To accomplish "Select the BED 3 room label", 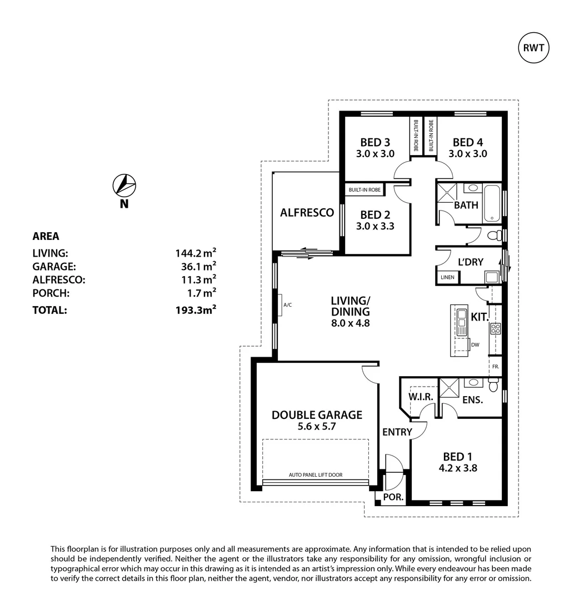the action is pos(375,142).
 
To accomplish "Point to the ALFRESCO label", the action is pos(307,212).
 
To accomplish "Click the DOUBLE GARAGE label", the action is pos(317,414).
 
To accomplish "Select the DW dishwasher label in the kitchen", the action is pos(475,345).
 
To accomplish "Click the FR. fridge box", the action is pos(495,367).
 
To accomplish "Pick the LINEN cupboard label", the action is pos(447,277).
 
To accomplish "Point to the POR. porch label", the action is pos(393,497).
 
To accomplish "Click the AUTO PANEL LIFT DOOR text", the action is pos(316,475).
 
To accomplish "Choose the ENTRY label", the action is pos(397,432).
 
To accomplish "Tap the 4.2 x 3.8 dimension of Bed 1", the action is pos(457,468).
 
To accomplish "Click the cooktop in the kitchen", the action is pos(495,328).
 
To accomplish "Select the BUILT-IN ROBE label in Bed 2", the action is pos(365,190).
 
